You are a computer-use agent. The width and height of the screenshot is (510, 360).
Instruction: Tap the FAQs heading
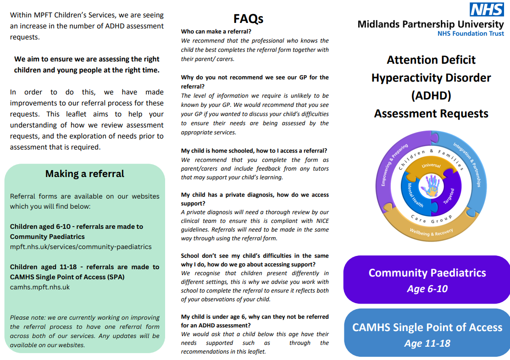click(x=248, y=19)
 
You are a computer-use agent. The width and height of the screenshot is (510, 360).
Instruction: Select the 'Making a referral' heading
click(x=85, y=174)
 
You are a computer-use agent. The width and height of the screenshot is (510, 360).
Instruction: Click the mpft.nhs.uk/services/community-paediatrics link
click(x=81, y=247)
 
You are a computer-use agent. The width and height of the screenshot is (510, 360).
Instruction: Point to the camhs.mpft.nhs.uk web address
click(x=40, y=287)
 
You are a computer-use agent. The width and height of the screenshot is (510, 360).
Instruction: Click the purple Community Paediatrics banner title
click(x=427, y=273)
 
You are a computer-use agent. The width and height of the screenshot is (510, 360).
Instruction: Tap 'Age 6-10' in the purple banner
click(x=427, y=289)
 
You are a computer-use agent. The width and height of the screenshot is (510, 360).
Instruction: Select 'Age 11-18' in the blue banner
click(x=427, y=343)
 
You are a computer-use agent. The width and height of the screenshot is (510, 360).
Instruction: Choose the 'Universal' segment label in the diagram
click(x=431, y=166)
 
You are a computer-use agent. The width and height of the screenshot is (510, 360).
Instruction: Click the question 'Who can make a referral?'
click(x=216, y=32)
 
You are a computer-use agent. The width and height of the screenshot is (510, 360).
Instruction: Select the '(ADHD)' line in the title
click(x=431, y=95)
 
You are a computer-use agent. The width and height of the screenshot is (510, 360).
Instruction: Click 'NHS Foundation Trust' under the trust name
click(x=471, y=33)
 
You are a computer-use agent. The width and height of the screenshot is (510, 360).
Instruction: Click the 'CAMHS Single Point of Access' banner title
click(x=427, y=327)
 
